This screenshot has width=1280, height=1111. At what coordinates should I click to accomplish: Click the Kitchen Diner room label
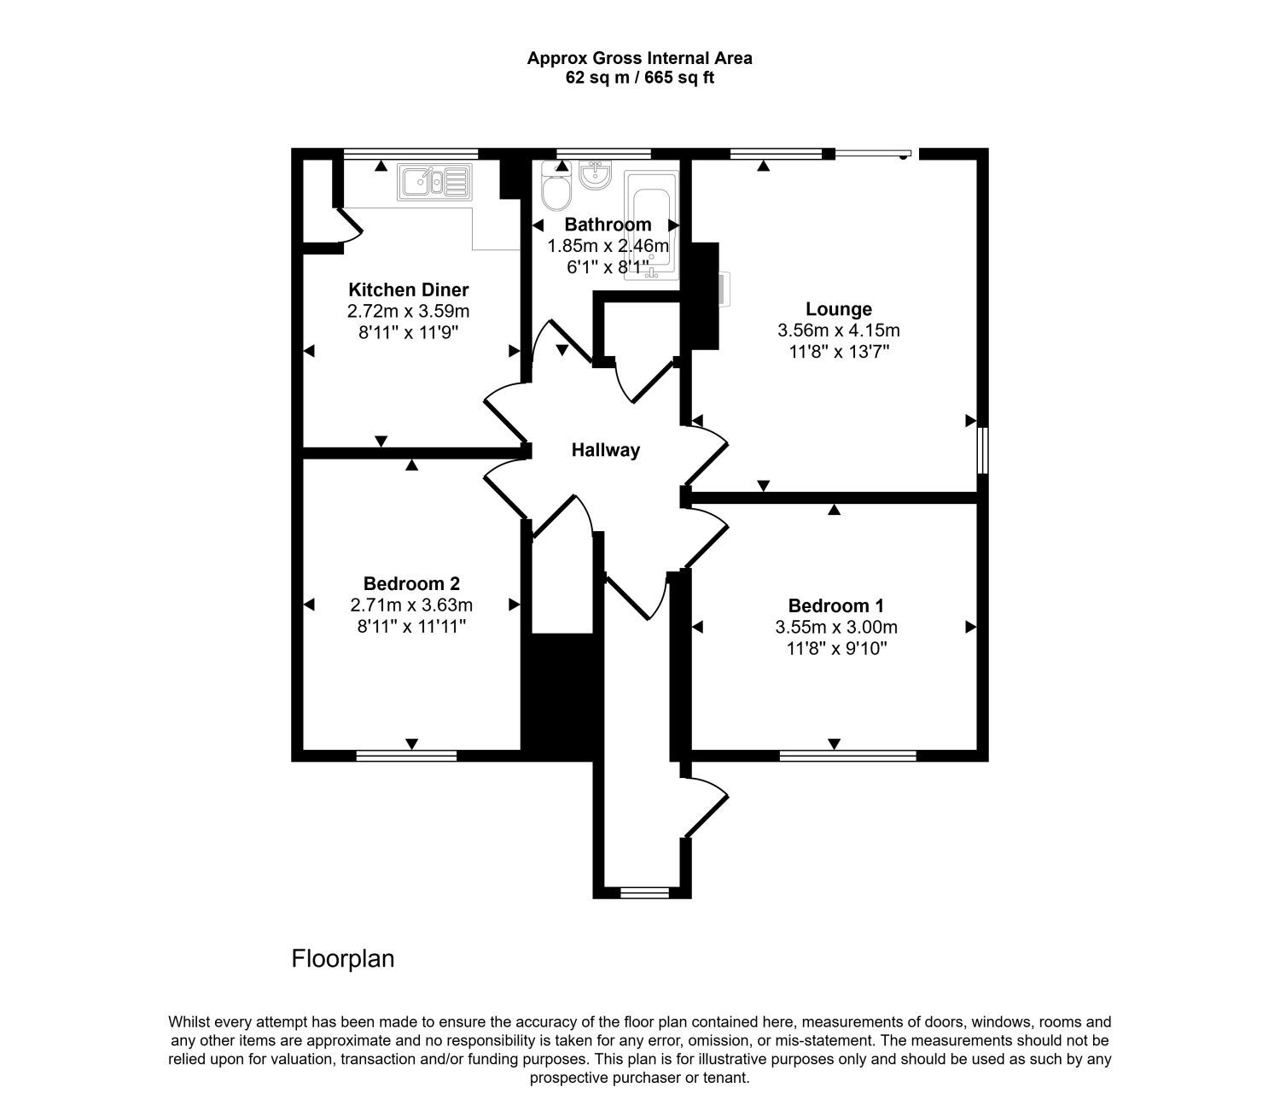[x=408, y=289]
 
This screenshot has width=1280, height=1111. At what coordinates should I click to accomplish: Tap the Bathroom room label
[x=608, y=224]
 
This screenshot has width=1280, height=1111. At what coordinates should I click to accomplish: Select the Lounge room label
[x=838, y=309]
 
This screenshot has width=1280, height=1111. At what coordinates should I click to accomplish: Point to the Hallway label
[x=606, y=451]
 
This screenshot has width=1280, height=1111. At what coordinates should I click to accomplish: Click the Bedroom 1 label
[x=835, y=606]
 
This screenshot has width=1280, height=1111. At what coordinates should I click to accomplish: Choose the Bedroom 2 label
[x=411, y=584]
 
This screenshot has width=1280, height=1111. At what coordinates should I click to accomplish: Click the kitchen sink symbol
[x=434, y=182]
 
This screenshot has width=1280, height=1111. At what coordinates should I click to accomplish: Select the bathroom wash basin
[x=596, y=174]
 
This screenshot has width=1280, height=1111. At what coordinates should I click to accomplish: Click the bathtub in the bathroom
[x=651, y=225]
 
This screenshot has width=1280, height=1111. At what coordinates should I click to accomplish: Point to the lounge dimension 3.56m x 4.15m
[x=838, y=330]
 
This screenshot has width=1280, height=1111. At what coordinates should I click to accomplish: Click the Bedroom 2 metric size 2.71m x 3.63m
[x=411, y=605]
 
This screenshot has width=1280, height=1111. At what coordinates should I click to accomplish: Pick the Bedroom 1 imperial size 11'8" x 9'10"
[x=836, y=648]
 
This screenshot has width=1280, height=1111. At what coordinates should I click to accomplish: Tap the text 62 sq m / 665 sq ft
[x=639, y=78]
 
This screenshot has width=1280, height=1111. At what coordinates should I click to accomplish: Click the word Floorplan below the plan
[x=343, y=959]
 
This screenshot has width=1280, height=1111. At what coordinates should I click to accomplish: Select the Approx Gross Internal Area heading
[x=639, y=58]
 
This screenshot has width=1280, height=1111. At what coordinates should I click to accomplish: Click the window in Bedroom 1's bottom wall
[x=847, y=756]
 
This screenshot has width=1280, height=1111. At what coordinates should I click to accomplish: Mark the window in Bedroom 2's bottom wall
[x=406, y=756]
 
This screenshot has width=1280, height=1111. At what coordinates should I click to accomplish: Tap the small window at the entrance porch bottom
[x=643, y=892]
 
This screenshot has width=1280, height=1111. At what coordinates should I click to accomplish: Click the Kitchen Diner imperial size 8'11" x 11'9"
[x=408, y=332]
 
